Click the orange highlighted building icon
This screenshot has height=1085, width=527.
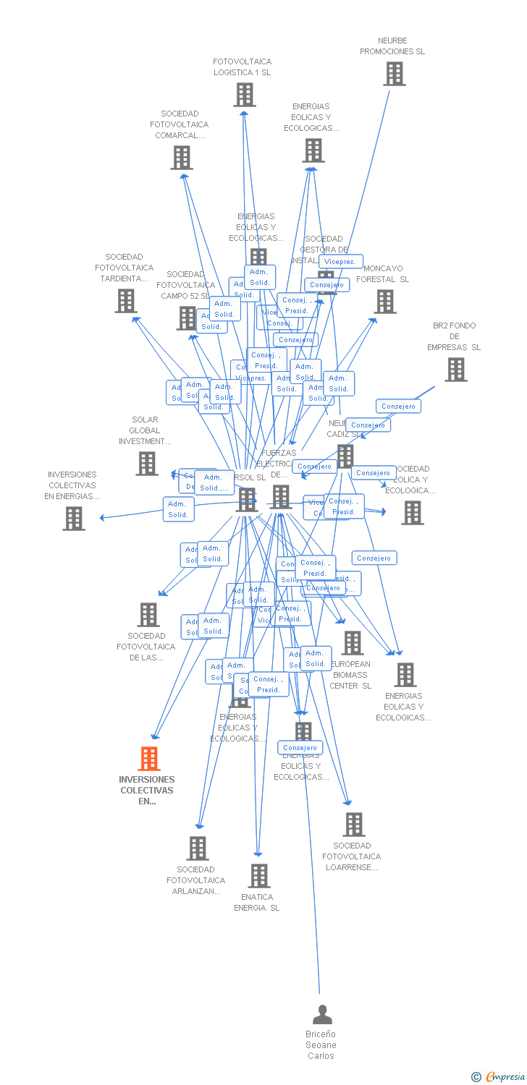pos(148,759)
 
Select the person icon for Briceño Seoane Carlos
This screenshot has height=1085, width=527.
pos(322,1015)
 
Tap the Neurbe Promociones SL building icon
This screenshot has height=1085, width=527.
pos(394,74)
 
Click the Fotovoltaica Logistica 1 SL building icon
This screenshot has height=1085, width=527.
pos(245,95)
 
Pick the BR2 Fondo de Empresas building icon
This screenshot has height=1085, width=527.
pos(455,370)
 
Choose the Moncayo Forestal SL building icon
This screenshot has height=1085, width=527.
pos(385,302)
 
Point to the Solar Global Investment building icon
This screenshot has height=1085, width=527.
pos(147,464)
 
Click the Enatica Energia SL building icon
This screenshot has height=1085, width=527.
pos(258,876)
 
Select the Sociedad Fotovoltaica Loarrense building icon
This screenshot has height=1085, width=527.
pos(353,825)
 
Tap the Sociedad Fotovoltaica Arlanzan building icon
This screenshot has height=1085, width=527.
pos(197,848)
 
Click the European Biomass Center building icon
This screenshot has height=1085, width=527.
pos(353,643)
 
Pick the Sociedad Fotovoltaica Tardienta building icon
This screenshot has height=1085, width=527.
pos(126,301)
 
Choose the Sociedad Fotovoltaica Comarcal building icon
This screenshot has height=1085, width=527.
pos(181,158)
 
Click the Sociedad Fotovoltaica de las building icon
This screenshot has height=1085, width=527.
pos(148,615)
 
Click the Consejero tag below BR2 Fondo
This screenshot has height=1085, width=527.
pos(398,406)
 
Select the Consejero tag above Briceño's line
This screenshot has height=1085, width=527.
pos(300,747)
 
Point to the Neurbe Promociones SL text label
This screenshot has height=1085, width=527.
pos(392,46)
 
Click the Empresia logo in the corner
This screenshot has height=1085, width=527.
pos(499,1077)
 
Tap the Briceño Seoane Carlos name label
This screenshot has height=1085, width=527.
pos(321,1045)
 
